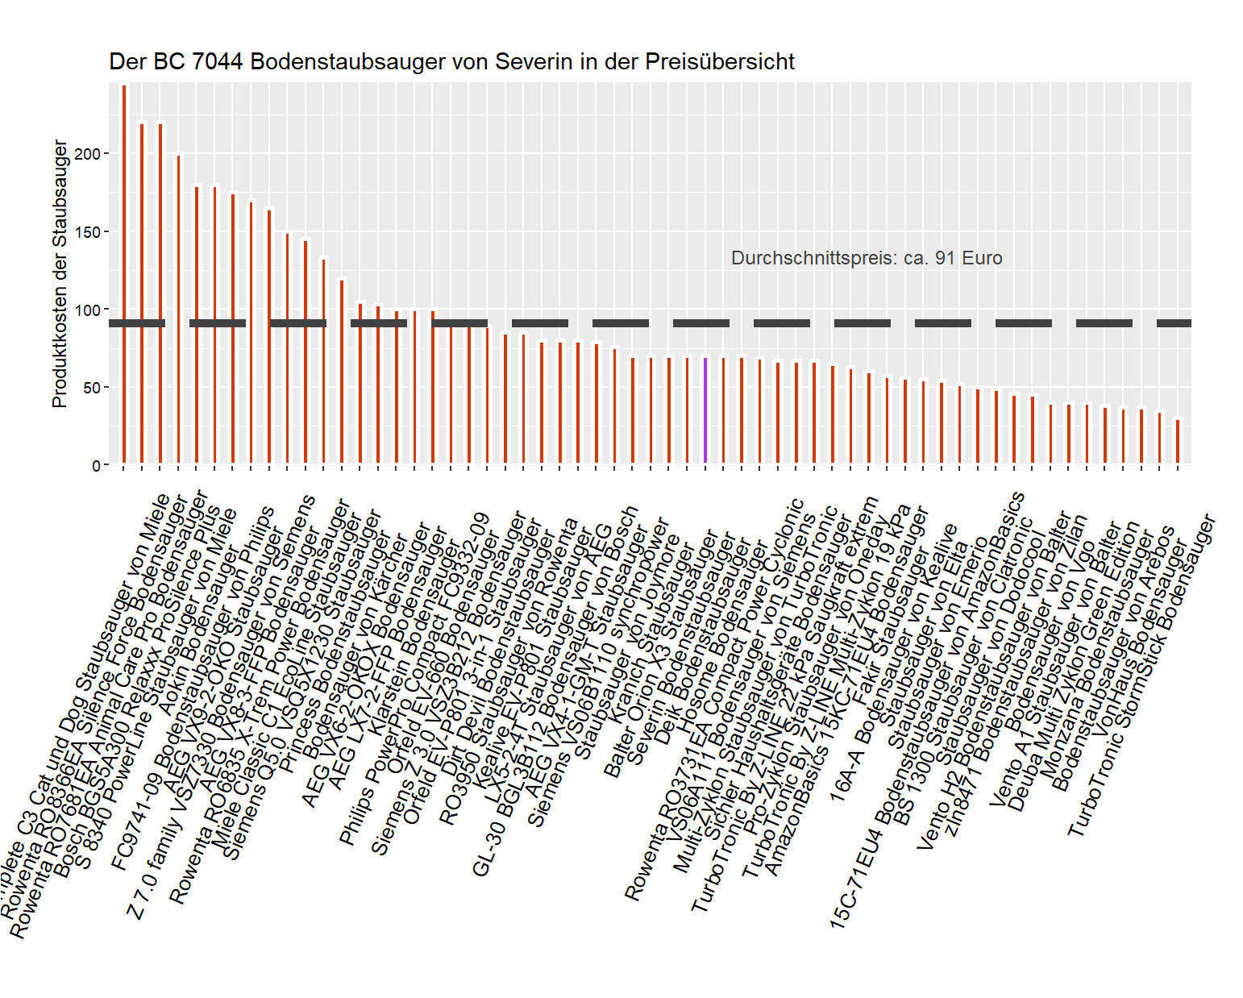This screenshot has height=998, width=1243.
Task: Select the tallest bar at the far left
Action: [123, 274]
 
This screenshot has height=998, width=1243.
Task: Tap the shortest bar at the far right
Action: [1178, 442]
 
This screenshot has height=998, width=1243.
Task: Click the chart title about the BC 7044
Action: [451, 62]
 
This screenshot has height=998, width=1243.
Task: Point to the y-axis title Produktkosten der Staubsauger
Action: [59, 274]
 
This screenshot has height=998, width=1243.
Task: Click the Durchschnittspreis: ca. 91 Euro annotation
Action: [867, 258]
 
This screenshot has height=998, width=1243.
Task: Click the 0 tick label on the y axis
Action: [96, 466]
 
